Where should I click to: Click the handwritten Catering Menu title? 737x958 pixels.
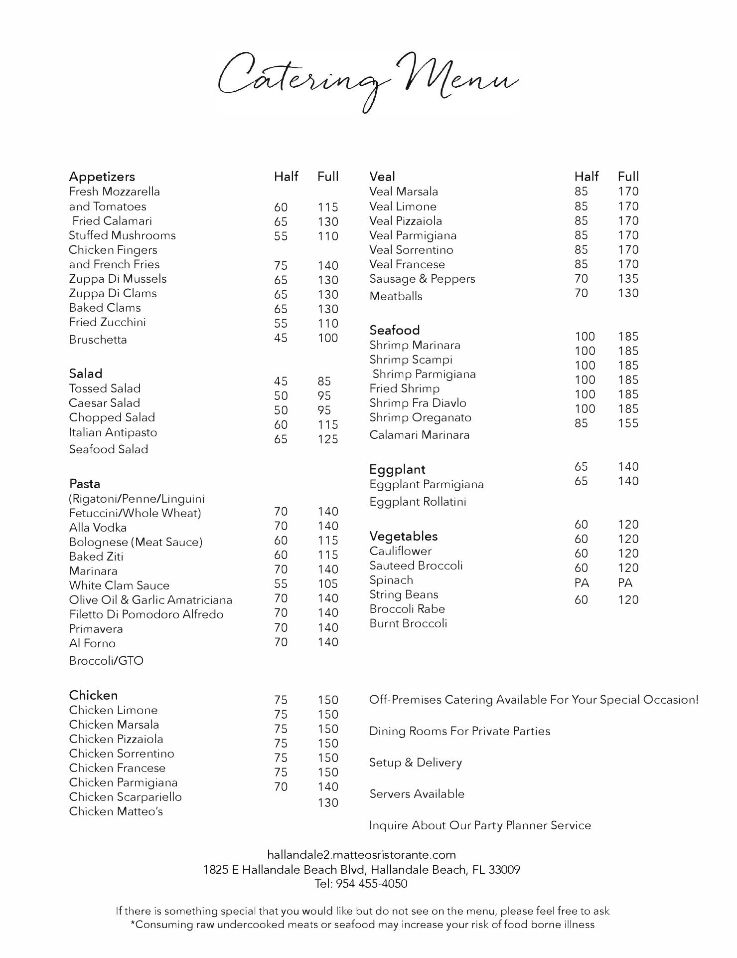(x=368, y=80)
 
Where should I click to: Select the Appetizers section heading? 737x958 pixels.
(x=102, y=177)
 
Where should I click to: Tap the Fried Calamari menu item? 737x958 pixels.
(x=112, y=221)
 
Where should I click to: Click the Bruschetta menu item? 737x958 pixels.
(x=98, y=340)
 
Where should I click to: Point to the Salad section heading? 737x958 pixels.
(x=85, y=374)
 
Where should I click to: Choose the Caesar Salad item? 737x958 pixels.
(x=104, y=403)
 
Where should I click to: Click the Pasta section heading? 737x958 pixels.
(x=84, y=484)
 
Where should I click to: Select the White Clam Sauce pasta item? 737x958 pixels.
(x=119, y=585)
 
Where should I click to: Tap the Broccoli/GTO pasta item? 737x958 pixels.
(x=106, y=661)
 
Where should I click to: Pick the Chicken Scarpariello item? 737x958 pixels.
(x=125, y=797)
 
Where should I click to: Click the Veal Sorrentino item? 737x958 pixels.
(x=411, y=250)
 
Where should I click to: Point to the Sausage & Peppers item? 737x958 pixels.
(x=422, y=279)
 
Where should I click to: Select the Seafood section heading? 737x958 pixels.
(x=394, y=330)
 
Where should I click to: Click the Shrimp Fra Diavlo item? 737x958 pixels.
(x=418, y=403)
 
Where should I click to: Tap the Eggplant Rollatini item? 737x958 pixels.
(x=418, y=502)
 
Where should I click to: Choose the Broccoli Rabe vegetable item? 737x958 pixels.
(x=407, y=609)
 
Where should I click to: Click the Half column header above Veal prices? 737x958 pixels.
(x=586, y=177)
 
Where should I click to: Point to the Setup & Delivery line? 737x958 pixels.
(x=415, y=763)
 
